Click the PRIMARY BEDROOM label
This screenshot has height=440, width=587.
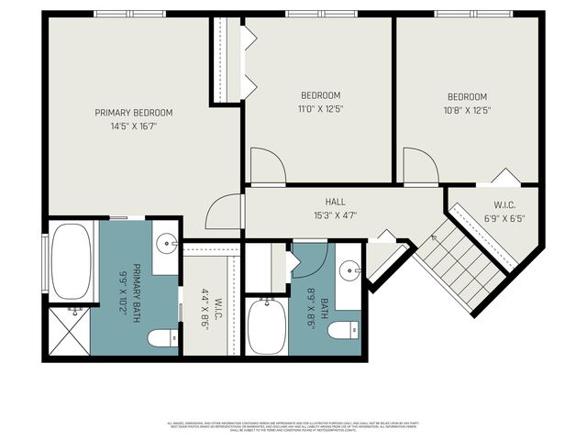point(134,113)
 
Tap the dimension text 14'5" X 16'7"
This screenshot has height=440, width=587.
point(134,127)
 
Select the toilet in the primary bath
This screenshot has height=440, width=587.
point(162,338)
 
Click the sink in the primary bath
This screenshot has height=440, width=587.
point(166,243)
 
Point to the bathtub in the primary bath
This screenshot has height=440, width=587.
point(70,262)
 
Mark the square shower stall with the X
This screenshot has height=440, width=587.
point(68,331)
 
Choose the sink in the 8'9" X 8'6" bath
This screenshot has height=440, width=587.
point(349,269)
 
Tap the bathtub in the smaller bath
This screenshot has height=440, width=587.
point(266,326)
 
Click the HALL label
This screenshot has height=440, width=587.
point(335,202)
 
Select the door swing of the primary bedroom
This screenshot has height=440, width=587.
point(223,213)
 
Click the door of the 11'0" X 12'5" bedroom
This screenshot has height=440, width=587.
point(266,165)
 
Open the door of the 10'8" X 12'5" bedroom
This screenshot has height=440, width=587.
point(419,165)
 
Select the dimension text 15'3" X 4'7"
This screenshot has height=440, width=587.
point(335,215)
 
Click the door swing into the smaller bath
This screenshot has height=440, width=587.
point(307,259)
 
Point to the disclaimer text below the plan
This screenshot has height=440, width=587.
point(293,427)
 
